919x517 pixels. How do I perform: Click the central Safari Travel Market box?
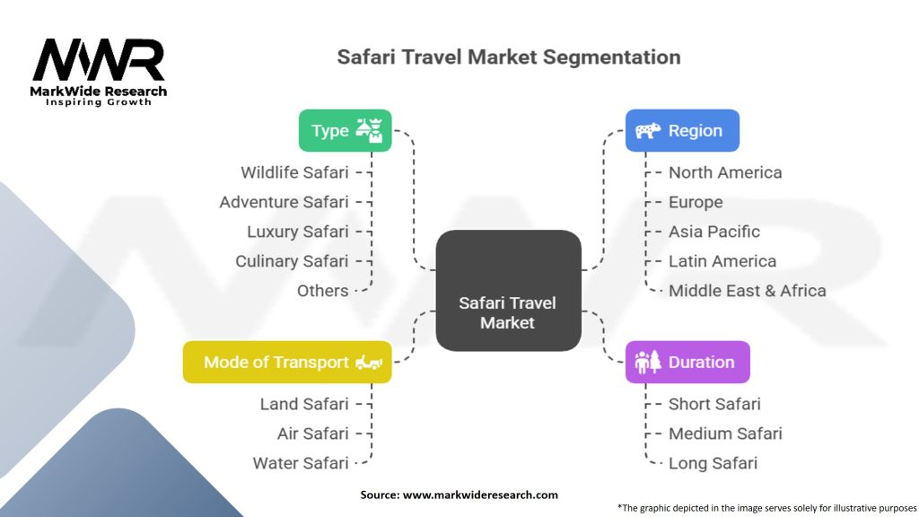[508, 290]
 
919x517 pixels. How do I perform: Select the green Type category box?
[345, 130]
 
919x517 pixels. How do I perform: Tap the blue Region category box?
[682, 130]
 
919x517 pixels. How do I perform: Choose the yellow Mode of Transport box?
[287, 362]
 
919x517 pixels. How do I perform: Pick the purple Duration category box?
[687, 362]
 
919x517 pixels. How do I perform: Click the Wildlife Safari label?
[294, 172]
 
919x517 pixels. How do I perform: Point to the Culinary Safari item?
[292, 261]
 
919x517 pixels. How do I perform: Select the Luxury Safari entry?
[298, 232]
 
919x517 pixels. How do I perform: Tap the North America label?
[725, 172]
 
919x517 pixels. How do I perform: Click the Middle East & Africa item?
[747, 291]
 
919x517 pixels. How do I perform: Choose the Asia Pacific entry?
[714, 232]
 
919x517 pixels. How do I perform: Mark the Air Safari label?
[312, 434]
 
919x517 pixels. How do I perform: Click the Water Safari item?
[301, 463]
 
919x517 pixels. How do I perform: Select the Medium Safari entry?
[725, 434]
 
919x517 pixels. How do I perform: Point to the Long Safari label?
[713, 463]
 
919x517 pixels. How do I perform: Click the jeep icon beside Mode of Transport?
[370, 362]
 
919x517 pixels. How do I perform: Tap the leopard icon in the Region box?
[648, 131]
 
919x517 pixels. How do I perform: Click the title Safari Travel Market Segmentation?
[508, 57]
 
